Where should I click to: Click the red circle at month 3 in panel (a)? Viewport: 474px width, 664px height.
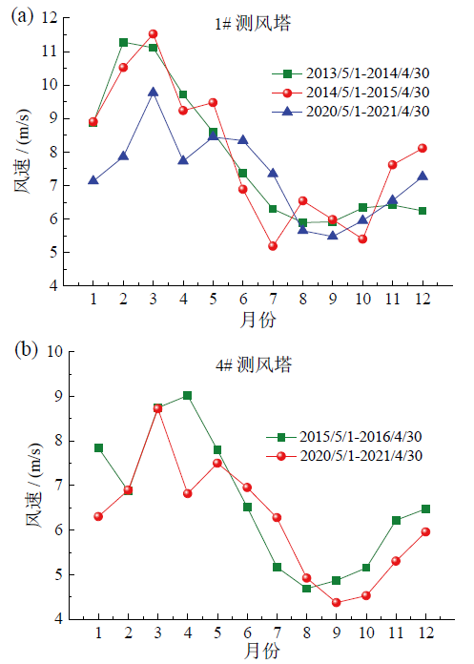point(153,34)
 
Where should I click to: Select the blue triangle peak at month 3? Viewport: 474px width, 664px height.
point(153,93)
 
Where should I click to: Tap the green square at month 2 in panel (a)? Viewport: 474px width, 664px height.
point(124,42)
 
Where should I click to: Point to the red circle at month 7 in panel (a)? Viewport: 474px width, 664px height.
point(273,246)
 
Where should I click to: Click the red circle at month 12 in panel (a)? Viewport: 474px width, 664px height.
point(422,148)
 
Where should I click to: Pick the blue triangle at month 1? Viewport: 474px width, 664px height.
point(93,181)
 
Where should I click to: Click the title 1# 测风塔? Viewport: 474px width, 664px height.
point(253,24)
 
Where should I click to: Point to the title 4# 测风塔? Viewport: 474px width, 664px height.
point(254,364)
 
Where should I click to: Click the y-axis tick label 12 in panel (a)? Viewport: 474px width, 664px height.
point(50,18)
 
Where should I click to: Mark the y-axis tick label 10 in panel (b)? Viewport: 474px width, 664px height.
point(54,351)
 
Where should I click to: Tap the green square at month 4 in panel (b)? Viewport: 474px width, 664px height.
point(188,396)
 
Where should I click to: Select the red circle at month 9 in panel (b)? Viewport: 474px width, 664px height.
point(337,602)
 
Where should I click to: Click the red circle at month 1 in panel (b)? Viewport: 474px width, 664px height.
point(98,516)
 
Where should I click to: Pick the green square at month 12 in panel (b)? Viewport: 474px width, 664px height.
point(425,509)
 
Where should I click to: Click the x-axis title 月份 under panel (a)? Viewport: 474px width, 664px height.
point(258,320)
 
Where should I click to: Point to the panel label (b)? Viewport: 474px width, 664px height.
point(26,351)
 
